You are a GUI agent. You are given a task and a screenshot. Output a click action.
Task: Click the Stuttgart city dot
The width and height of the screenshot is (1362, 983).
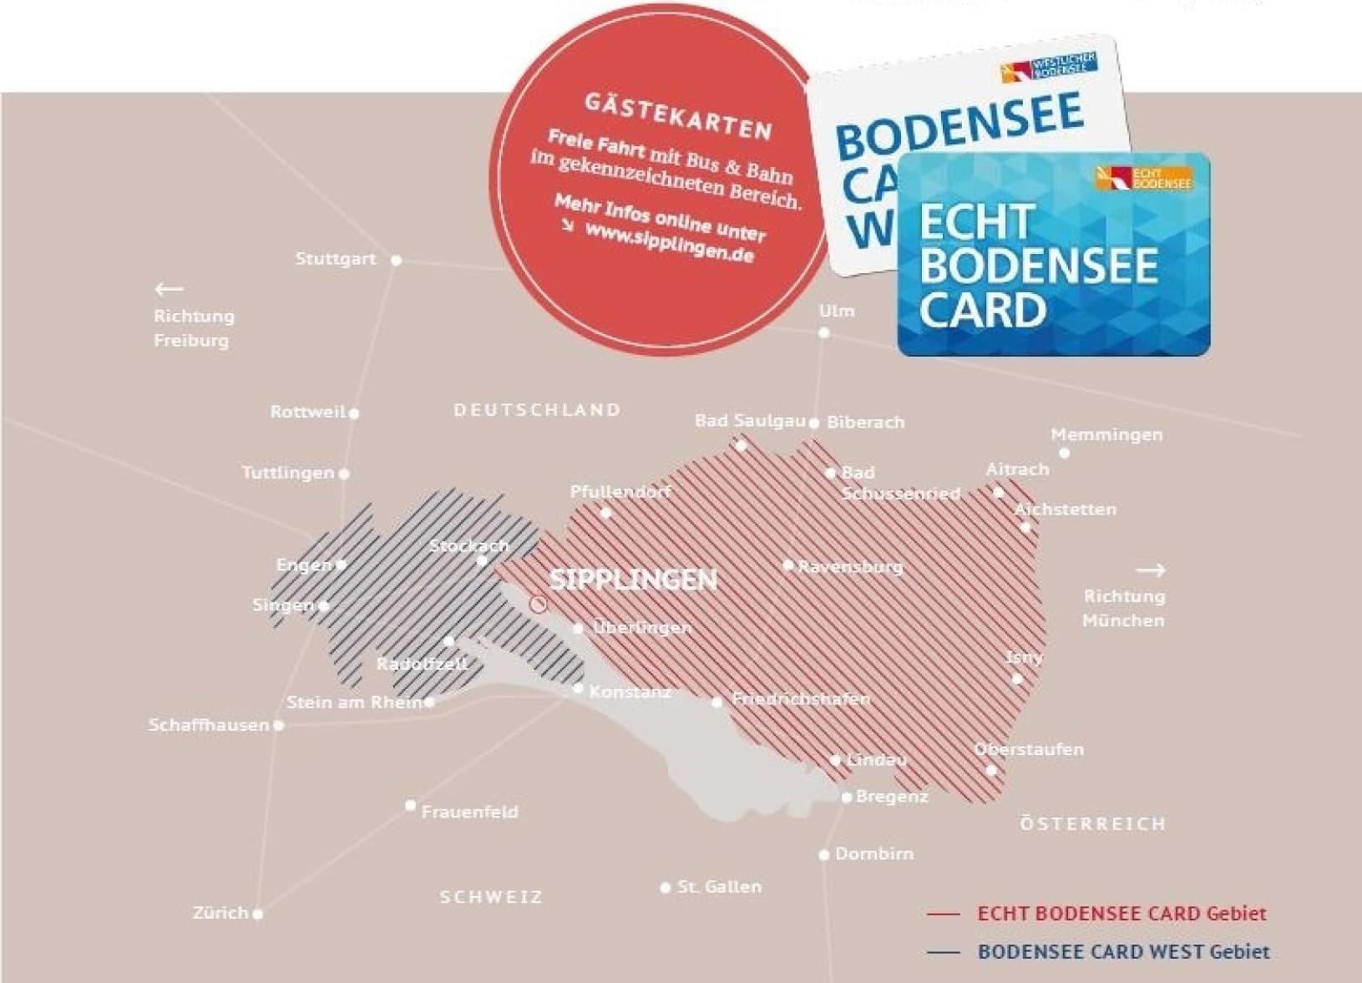[x=397, y=261]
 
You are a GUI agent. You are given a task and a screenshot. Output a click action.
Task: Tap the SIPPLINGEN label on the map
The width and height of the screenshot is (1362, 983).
[x=633, y=580]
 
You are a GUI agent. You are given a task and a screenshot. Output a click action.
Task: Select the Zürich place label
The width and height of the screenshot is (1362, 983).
[x=220, y=913]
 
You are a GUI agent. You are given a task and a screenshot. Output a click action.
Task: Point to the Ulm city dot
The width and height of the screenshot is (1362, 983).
[x=824, y=333]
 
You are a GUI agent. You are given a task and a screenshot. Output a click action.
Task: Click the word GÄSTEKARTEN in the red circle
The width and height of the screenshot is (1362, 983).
[x=677, y=116]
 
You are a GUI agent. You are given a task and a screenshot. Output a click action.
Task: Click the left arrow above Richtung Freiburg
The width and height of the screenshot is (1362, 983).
[x=170, y=290]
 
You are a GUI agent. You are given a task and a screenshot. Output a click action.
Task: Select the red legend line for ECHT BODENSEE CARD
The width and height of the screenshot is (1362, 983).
[x=944, y=915]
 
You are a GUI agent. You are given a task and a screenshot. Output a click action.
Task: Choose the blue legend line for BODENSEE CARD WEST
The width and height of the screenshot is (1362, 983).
[x=944, y=952]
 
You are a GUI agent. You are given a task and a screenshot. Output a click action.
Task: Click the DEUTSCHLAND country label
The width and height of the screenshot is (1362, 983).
[x=537, y=410]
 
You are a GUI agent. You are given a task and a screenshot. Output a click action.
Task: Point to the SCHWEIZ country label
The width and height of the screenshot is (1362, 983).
[x=491, y=897]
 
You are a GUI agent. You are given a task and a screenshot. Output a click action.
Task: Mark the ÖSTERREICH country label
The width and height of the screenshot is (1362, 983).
[x=1092, y=824]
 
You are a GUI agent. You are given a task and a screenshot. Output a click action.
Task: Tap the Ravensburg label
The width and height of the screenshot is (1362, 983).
[x=850, y=567]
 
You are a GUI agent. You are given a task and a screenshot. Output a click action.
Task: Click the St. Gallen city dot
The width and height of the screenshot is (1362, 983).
[x=666, y=887]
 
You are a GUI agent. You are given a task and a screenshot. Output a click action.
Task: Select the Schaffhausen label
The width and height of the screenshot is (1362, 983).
[x=209, y=725]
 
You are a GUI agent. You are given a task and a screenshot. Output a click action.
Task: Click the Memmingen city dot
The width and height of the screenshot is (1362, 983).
[x=1065, y=453]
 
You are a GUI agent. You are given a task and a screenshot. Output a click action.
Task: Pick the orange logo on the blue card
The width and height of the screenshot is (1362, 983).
[x=1145, y=177]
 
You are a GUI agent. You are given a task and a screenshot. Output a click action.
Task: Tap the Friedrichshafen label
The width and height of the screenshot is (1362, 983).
[x=801, y=699]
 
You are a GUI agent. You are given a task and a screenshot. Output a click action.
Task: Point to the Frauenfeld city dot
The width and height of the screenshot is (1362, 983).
[x=410, y=806]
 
